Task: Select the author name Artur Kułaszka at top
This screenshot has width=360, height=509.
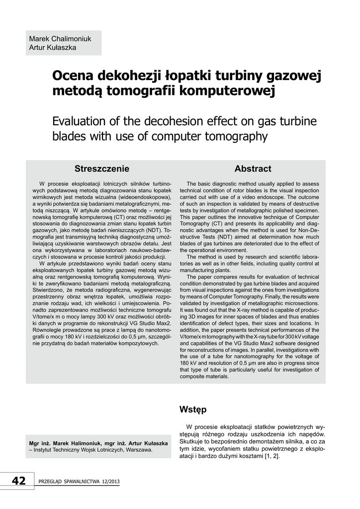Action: point(53,48)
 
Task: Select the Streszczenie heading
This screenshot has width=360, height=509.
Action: point(102,169)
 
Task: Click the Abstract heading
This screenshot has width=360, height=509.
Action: point(253,169)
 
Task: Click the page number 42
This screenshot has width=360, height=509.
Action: point(19,480)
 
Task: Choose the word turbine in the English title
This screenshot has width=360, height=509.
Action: point(295,121)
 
